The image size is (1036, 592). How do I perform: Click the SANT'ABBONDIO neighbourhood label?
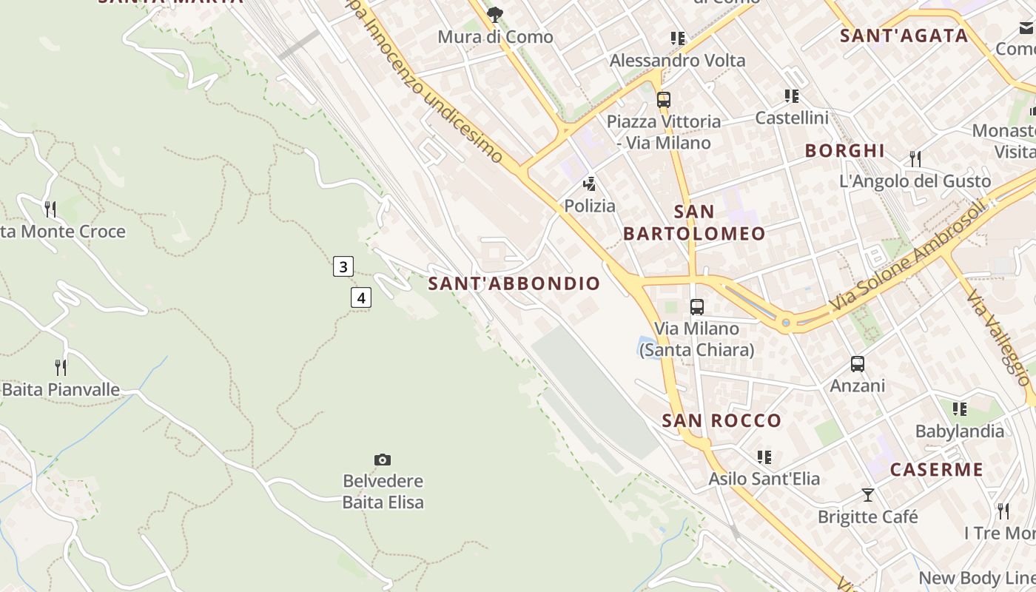(514, 283)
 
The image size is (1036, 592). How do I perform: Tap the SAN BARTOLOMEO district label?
(694, 223)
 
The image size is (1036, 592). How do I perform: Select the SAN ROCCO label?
(721, 421)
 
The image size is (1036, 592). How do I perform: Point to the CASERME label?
(936, 470)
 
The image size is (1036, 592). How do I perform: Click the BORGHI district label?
(844, 151)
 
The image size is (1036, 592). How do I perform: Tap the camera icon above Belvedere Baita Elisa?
(383, 460)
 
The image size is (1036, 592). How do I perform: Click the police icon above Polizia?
(590, 184)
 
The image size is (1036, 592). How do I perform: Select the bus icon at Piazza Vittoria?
(664, 99)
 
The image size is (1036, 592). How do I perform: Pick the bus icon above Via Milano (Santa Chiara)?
(696, 306)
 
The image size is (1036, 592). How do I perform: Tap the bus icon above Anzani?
(858, 364)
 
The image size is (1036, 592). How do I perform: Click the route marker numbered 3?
(343, 266)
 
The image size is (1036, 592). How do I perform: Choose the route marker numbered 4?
(360, 298)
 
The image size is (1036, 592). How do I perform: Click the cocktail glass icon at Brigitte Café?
(868, 494)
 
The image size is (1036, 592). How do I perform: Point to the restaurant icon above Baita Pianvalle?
(61, 367)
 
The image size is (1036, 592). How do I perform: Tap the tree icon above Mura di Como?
(495, 14)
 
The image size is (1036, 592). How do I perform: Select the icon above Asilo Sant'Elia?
(764, 457)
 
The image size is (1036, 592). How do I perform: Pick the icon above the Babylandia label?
(960, 408)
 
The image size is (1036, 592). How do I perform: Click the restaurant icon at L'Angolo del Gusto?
(915, 158)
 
